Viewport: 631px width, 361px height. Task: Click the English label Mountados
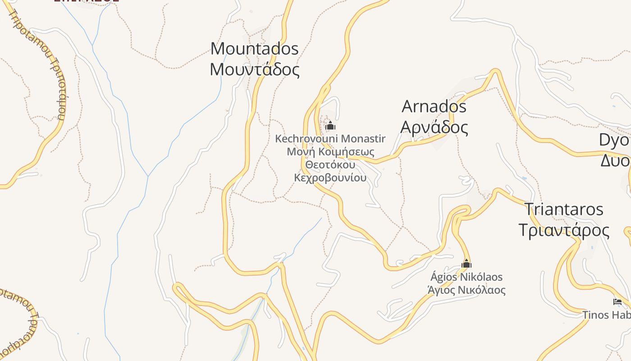click(x=254, y=49)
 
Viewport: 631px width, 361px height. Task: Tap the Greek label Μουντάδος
click(x=254, y=70)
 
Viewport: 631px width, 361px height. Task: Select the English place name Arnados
click(x=434, y=107)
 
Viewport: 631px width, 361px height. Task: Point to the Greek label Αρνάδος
click(x=434, y=128)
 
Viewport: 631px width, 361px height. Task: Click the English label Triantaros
click(x=563, y=209)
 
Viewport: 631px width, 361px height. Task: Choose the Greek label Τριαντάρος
click(x=563, y=230)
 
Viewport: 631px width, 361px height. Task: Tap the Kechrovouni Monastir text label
click(x=330, y=139)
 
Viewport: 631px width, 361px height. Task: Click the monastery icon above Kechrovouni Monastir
click(x=330, y=125)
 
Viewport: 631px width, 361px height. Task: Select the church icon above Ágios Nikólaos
click(x=466, y=264)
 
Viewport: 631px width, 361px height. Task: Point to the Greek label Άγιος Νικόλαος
click(x=466, y=290)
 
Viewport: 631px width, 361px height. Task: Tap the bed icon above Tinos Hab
click(x=617, y=302)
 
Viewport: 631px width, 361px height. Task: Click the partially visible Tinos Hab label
click(x=606, y=315)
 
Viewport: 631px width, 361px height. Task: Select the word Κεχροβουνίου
click(x=330, y=178)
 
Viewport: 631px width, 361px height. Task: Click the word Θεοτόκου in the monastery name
click(x=330, y=165)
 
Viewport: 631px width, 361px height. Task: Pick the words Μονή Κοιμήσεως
click(x=330, y=152)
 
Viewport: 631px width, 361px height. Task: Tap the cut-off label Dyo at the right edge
click(x=614, y=140)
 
